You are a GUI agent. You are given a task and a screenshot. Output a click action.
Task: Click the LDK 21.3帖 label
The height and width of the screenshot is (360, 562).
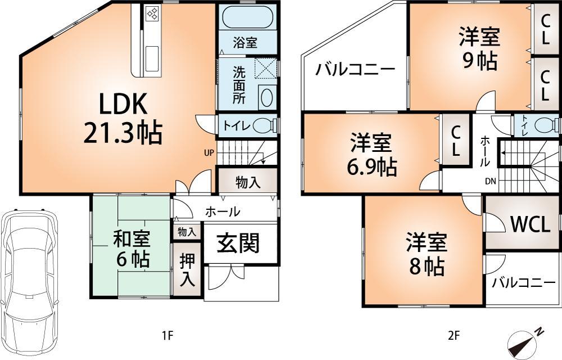click(x=123, y=118)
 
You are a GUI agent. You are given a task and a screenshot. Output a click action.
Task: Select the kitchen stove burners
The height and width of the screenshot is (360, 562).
click(x=153, y=13)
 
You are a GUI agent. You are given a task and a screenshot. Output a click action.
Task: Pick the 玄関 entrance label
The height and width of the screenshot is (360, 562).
click(x=239, y=243)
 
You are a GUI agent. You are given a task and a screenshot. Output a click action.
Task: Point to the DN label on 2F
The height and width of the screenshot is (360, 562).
click(x=490, y=182)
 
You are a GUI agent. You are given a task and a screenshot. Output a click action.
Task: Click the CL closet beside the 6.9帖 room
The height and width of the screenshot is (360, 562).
click(x=456, y=141)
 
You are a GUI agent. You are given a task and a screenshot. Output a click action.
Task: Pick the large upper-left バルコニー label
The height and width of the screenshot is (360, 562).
click(x=355, y=70)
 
